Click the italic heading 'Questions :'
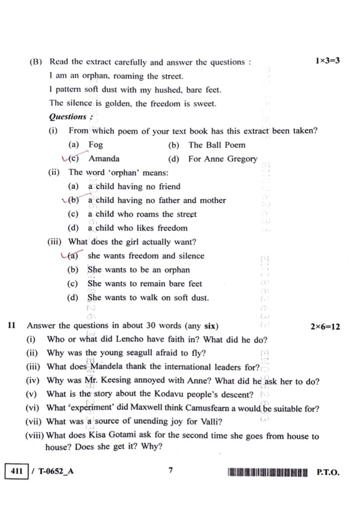click(70, 117)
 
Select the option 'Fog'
click(95, 145)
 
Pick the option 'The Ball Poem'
click(217, 145)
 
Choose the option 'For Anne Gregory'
click(222, 159)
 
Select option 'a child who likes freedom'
click(134, 228)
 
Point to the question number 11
click(12, 326)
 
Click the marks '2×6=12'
click(325, 326)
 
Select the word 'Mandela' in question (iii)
click(101, 367)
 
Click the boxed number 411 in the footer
click(16, 472)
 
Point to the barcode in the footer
click(267, 472)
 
